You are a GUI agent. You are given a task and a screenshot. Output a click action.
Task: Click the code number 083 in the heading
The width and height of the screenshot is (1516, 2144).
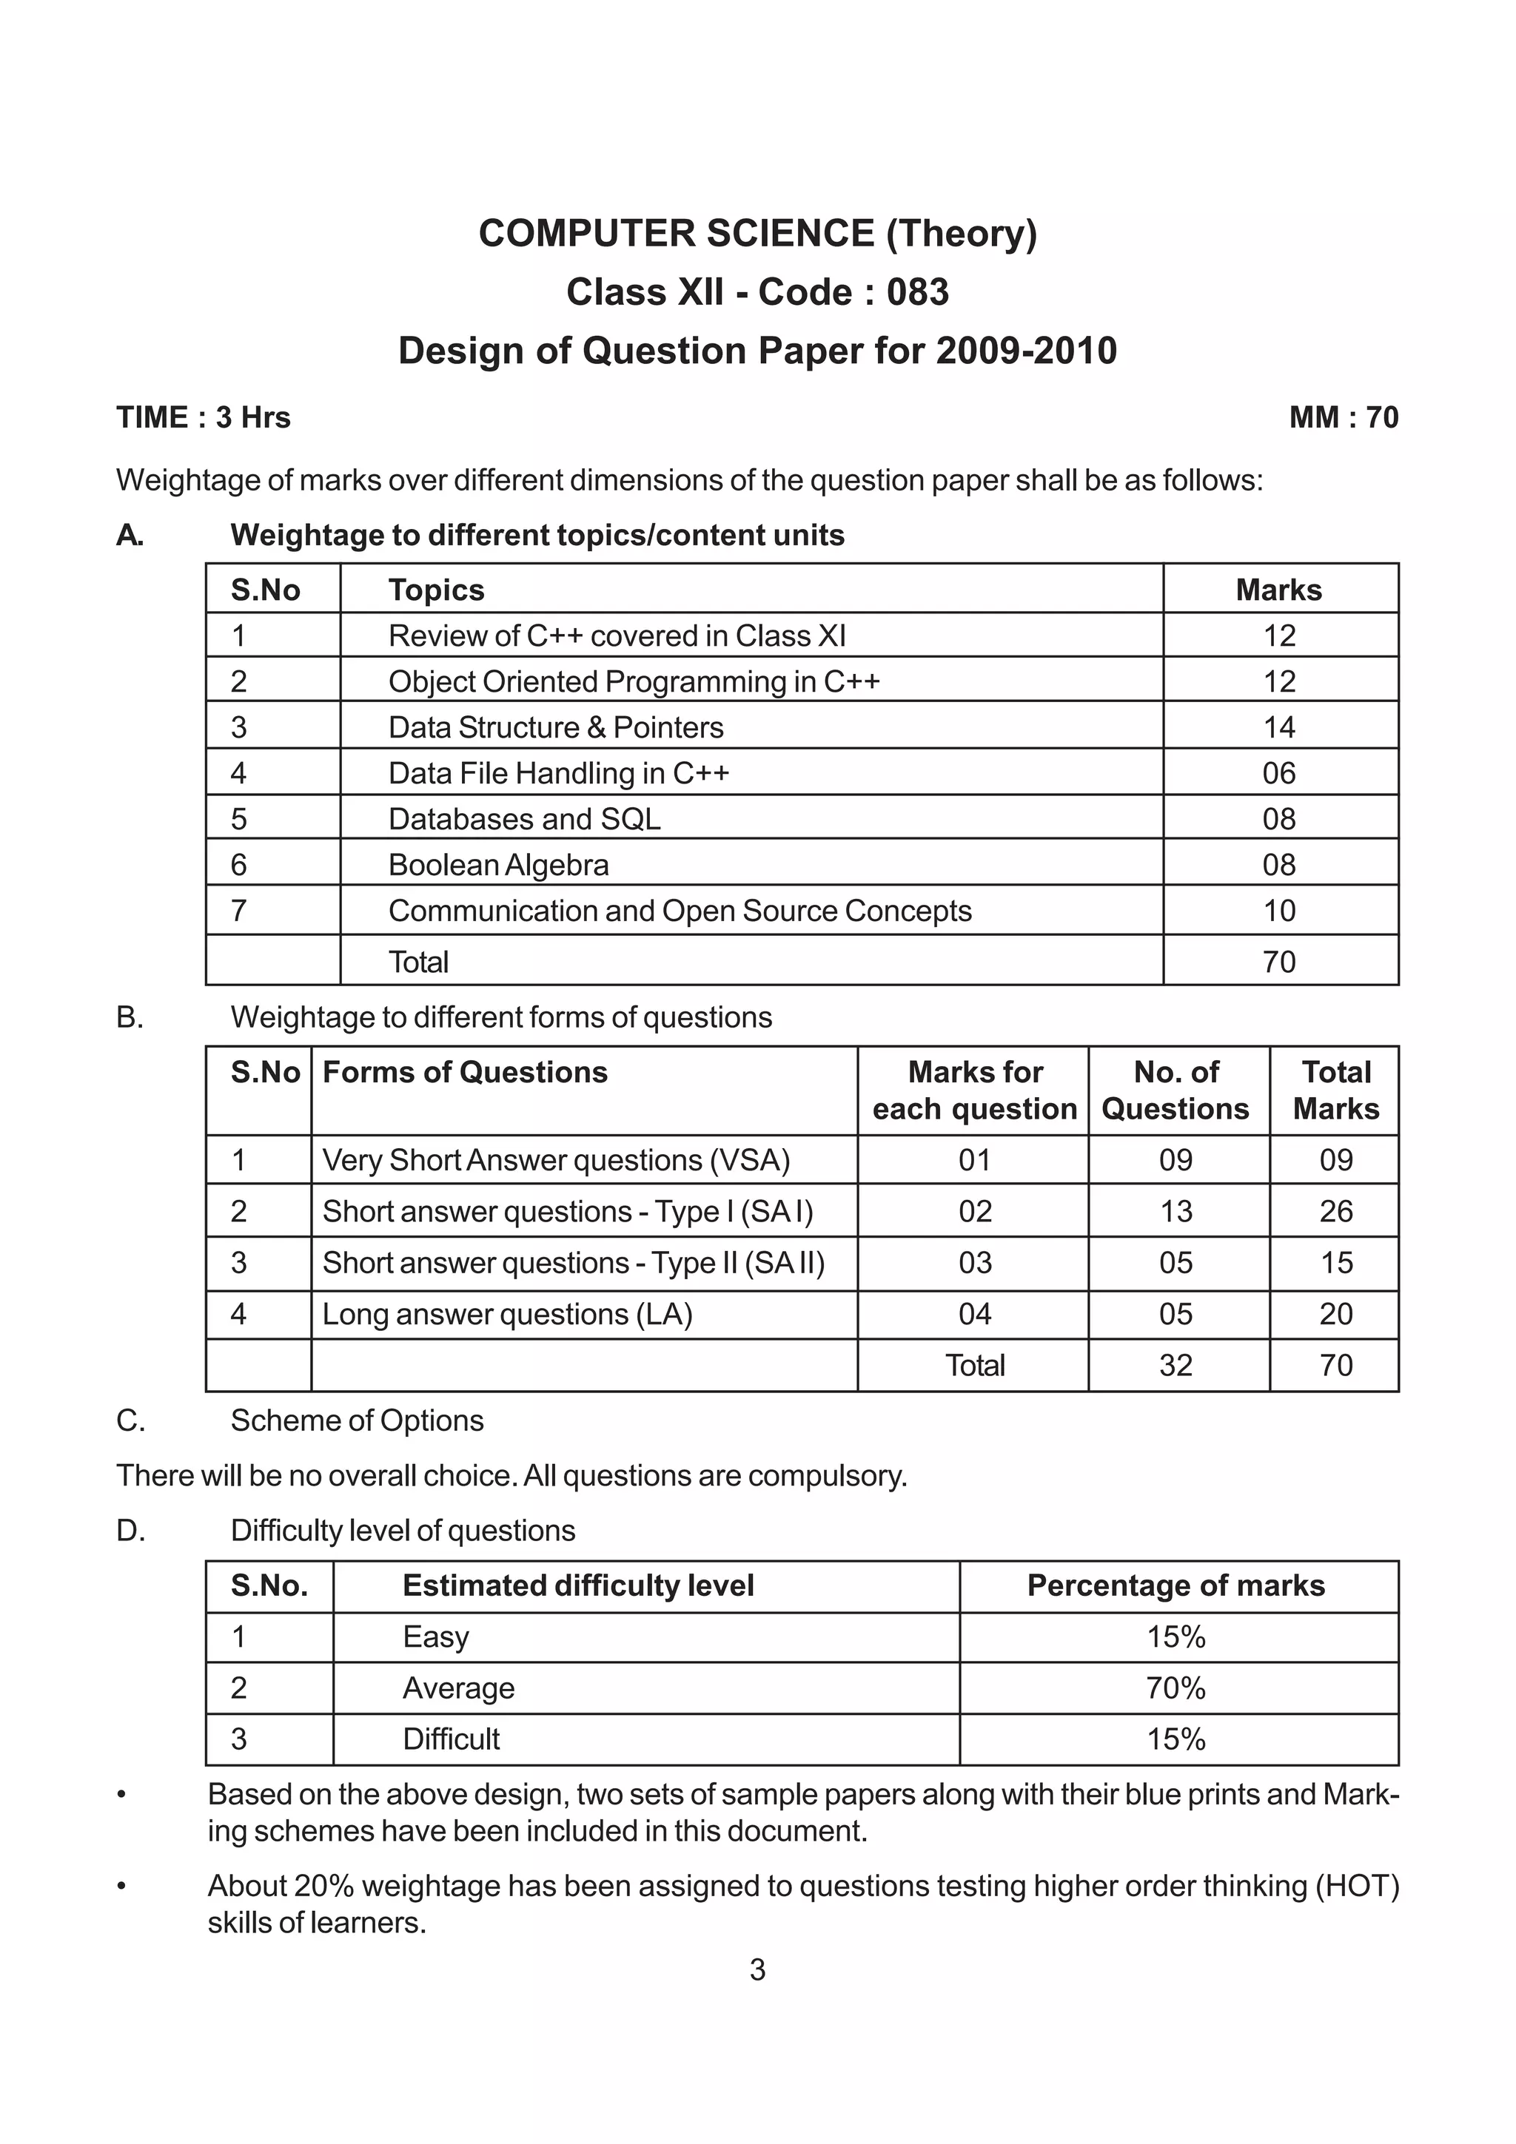(x=917, y=292)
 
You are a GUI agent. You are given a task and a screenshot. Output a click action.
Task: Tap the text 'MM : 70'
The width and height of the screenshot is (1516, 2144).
(x=1344, y=417)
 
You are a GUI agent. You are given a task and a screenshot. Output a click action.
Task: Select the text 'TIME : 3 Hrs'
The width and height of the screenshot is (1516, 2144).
(x=204, y=417)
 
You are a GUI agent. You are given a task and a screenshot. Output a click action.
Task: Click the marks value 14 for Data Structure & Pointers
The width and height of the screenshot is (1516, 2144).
(x=1278, y=727)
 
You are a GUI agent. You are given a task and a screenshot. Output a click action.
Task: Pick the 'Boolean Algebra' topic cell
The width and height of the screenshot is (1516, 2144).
(x=498, y=865)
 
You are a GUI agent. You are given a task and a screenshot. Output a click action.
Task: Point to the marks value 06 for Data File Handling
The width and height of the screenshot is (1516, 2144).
(x=1278, y=773)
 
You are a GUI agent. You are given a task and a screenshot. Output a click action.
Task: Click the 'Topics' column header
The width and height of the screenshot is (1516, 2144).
(x=436, y=590)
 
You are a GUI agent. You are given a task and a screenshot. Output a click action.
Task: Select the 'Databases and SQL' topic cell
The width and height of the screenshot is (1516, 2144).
(x=524, y=819)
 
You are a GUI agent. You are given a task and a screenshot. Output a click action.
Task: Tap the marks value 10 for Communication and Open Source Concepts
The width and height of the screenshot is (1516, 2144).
(x=1278, y=911)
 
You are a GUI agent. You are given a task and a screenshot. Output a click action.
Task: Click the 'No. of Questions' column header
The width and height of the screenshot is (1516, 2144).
(x=1175, y=1090)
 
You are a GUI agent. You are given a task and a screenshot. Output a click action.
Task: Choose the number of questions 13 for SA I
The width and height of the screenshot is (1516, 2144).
(x=1175, y=1211)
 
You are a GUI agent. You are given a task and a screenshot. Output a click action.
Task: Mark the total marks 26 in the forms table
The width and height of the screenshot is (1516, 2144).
(x=1335, y=1211)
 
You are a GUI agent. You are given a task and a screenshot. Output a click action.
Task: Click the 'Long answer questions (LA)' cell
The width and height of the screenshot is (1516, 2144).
(x=507, y=1314)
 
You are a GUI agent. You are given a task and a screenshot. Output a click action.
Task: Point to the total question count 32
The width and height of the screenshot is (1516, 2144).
(x=1175, y=1365)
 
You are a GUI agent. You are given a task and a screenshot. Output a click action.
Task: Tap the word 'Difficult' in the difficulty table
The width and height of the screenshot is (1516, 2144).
(x=451, y=1739)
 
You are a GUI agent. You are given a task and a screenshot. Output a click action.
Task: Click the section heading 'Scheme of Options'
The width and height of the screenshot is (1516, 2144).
(x=357, y=1420)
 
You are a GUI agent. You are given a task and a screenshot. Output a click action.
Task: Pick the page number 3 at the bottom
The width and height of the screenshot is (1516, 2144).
(x=757, y=1970)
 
